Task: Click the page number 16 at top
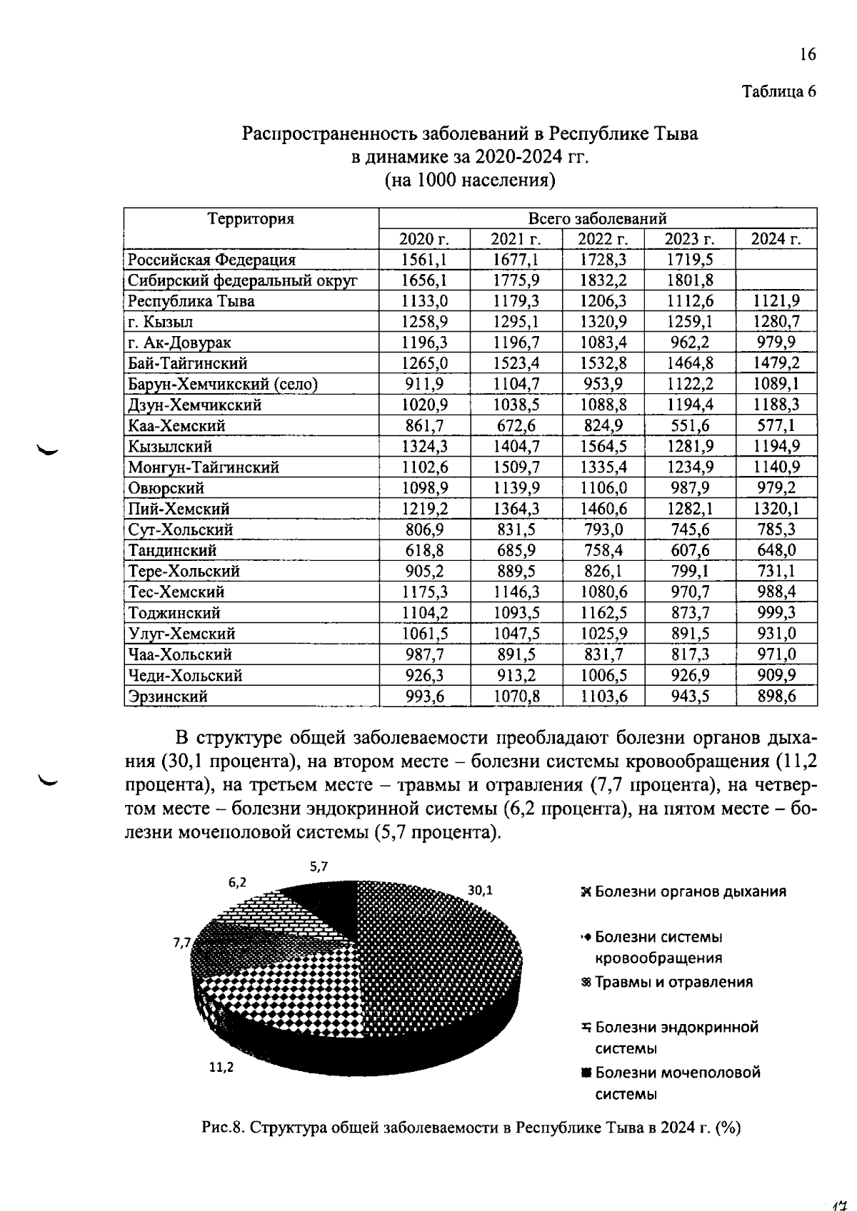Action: click(x=807, y=55)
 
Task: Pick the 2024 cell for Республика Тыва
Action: click(x=776, y=301)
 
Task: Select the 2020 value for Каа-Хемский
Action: click(x=424, y=426)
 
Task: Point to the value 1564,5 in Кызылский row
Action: click(x=603, y=447)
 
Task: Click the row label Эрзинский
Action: click(x=168, y=696)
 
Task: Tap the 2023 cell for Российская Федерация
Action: click(x=689, y=260)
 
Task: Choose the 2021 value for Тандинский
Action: click(x=516, y=550)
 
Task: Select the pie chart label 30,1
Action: click(x=480, y=891)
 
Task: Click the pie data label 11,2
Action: click(x=221, y=1068)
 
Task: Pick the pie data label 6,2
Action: click(x=238, y=882)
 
